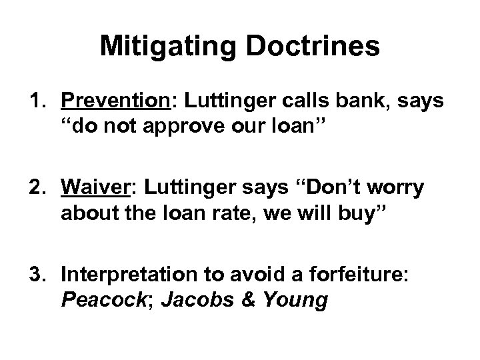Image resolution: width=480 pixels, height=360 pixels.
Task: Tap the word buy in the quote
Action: (x=325, y=213)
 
